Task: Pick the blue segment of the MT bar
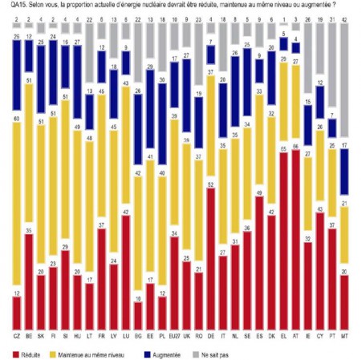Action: pos(343,170)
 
